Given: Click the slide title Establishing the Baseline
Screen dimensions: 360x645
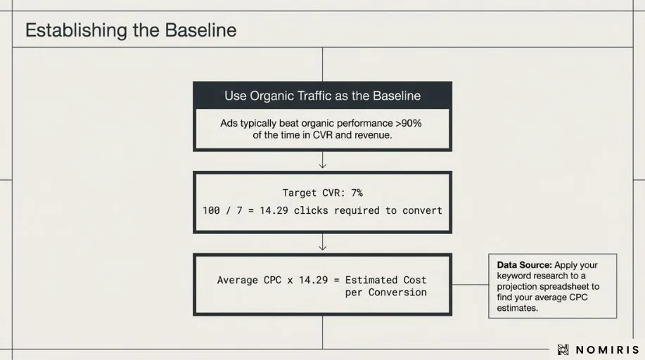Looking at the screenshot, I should click(131, 31).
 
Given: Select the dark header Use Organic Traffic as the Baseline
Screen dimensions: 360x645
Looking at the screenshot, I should click(322, 96).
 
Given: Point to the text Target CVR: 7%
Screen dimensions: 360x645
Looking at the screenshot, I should click(322, 193).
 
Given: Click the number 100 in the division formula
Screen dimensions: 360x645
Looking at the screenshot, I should click(211, 210).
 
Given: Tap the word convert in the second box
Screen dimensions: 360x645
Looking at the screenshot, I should click(421, 210).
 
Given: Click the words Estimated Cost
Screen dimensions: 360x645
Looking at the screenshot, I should click(385, 280).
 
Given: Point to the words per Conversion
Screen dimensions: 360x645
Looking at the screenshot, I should click(385, 292).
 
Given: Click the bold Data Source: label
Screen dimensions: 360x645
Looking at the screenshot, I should click(524, 265).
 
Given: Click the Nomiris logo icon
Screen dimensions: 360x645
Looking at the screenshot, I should click(563, 349).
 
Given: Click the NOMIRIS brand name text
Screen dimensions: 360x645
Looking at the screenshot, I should click(608, 349).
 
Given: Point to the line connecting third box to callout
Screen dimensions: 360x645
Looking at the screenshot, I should click(470, 285).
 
